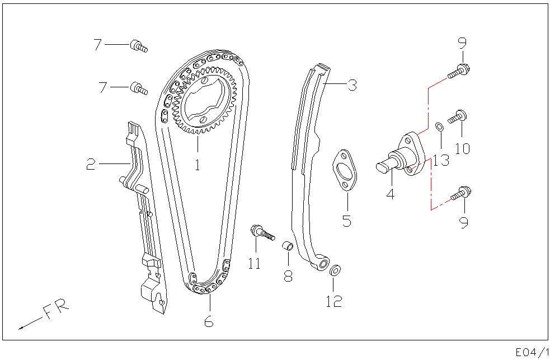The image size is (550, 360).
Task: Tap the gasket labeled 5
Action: (346, 170)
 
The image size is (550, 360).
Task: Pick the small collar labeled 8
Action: (287, 246)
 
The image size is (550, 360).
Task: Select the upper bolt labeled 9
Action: (458, 71)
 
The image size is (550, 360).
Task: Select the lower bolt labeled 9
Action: (459, 193)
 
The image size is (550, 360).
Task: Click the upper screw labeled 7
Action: (138, 46)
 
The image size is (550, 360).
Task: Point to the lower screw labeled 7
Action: (138, 88)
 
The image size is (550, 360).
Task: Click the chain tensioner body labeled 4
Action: (402, 156)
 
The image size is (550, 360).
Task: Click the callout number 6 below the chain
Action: (208, 322)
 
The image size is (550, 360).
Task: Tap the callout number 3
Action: (351, 85)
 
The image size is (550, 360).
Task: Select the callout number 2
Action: (91, 164)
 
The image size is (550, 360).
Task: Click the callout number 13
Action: (440, 161)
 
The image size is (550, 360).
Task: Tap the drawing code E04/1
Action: (531, 352)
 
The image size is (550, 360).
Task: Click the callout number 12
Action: (333, 301)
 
